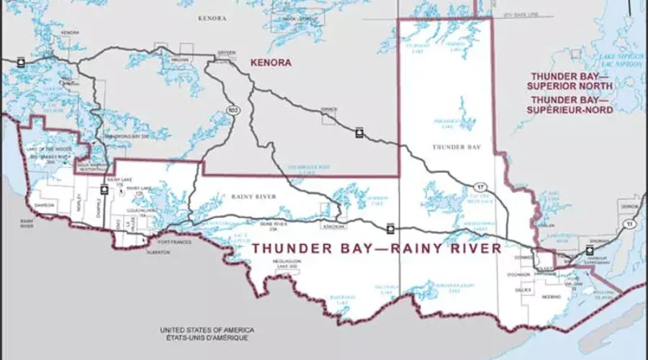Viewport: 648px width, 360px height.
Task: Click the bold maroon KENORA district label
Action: tap(271, 63)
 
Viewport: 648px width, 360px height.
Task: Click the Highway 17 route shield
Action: tap(480, 187)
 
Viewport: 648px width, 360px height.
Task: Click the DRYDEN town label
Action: tap(226, 54)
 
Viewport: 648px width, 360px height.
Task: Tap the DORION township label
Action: tap(629, 207)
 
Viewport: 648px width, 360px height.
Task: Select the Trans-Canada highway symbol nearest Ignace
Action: tap(359, 132)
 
